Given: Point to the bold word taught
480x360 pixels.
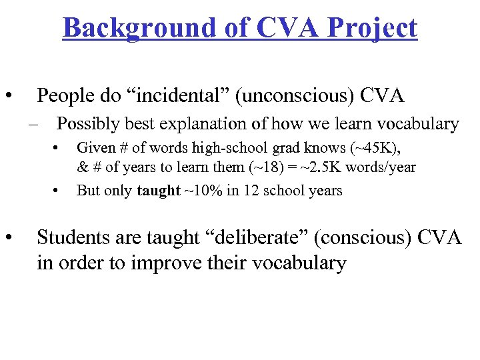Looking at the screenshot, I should tap(158, 191).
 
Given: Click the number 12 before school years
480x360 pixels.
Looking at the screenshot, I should tap(243, 191).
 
